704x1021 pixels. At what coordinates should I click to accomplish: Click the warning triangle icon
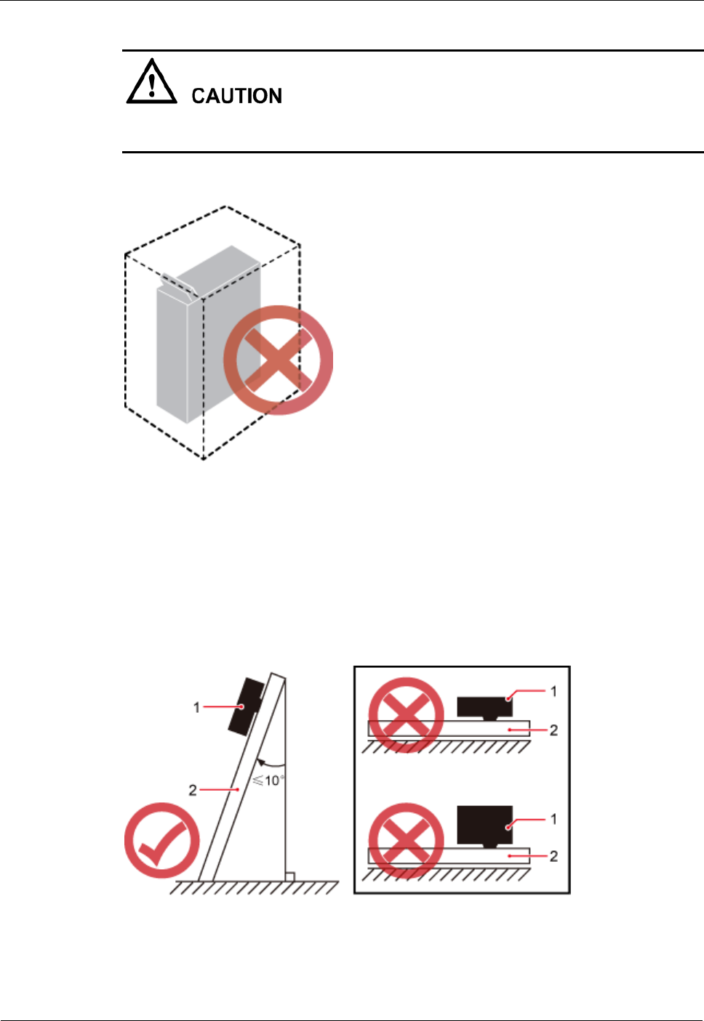coord(151,83)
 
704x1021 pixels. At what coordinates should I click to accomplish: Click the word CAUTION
coord(236,96)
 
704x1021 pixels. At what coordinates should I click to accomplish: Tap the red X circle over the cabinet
coord(278,360)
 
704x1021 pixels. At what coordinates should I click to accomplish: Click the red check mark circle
coord(161,840)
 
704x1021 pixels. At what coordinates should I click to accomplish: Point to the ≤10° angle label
coord(268,780)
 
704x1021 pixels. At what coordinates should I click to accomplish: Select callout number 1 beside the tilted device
coord(196,707)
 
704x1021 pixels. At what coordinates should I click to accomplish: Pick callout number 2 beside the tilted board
coord(193,790)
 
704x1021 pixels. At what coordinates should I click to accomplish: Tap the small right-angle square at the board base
coord(289,876)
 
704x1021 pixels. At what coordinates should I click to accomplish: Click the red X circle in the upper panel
coord(406,715)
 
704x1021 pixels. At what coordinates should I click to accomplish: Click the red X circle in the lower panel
coord(406,841)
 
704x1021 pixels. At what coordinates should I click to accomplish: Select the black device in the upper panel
coord(484,706)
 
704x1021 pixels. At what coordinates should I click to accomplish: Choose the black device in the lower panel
coord(484,825)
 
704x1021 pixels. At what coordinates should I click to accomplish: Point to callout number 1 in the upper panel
coord(553,691)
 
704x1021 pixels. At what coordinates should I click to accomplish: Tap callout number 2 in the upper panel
coord(553,730)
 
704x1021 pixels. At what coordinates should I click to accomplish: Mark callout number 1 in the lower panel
coord(553,819)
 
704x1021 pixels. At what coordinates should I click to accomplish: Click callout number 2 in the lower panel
coord(553,856)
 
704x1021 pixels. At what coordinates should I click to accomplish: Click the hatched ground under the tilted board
coord(255,887)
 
